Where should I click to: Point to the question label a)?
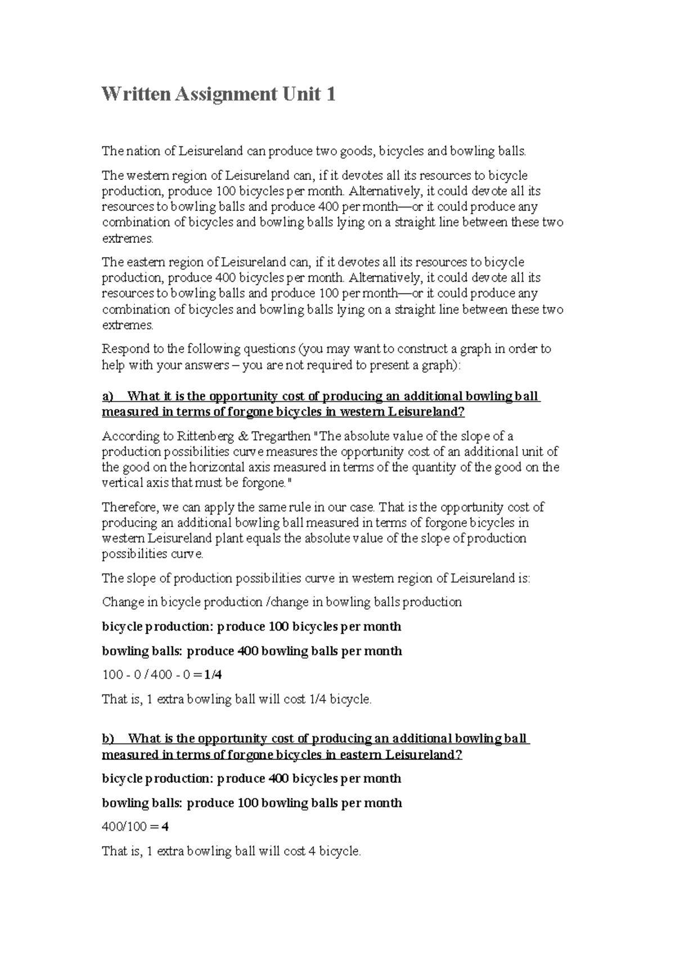coord(107,397)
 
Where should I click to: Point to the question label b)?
coord(107,738)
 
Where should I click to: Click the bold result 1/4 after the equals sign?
coord(213,675)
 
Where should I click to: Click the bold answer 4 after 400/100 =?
coord(165,827)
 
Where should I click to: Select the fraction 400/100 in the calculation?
coord(124,827)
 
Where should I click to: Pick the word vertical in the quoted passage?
coord(119,483)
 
